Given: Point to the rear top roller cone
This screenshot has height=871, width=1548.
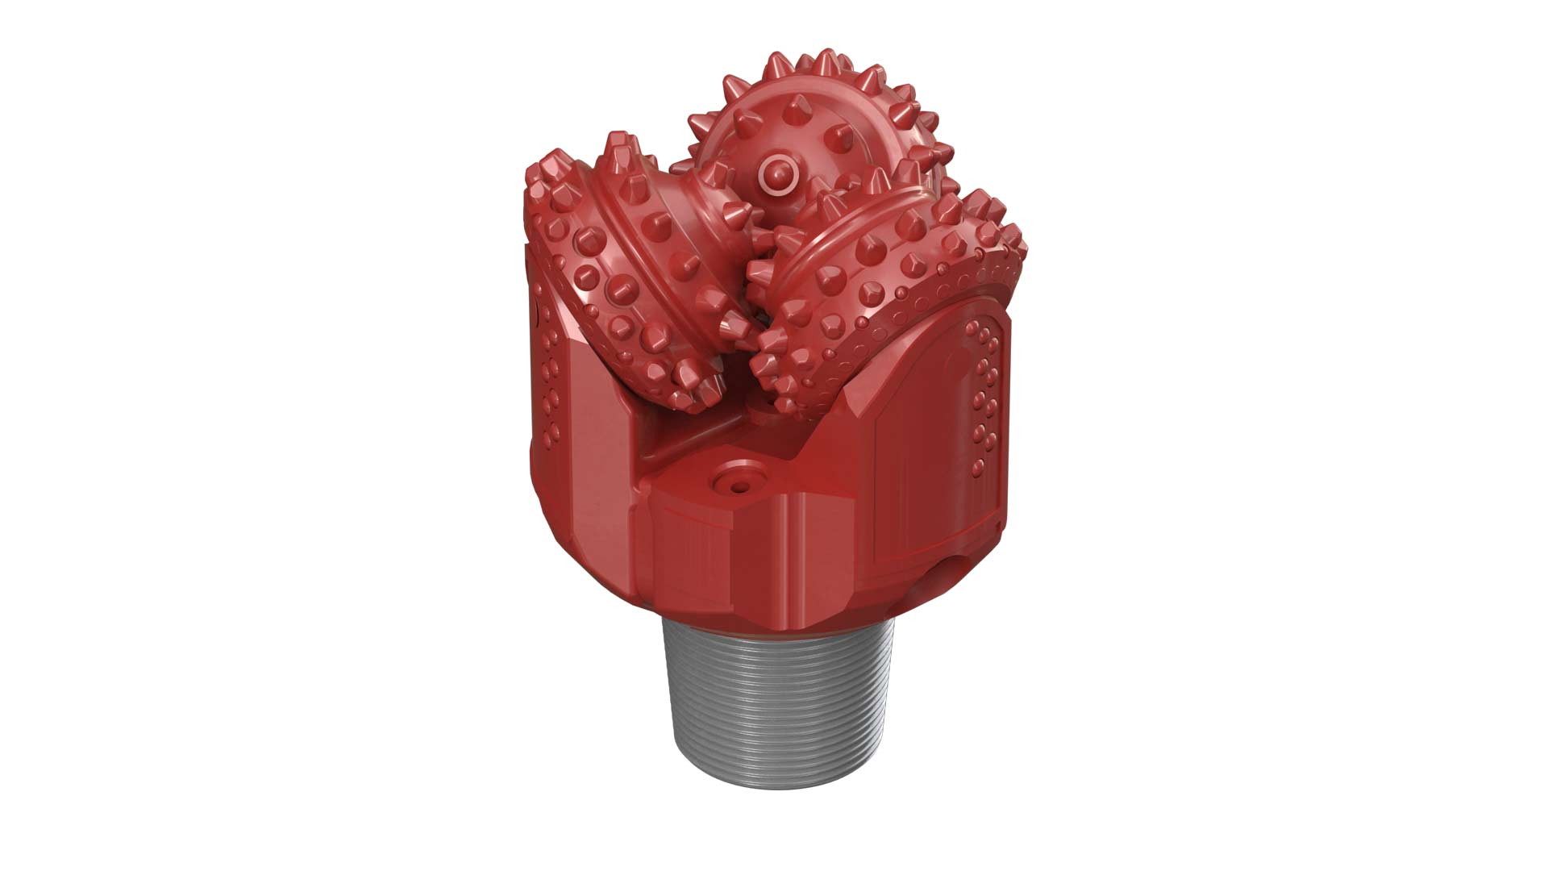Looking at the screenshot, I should tap(814, 129).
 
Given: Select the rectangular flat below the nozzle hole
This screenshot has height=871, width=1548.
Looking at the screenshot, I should tap(693, 556).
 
